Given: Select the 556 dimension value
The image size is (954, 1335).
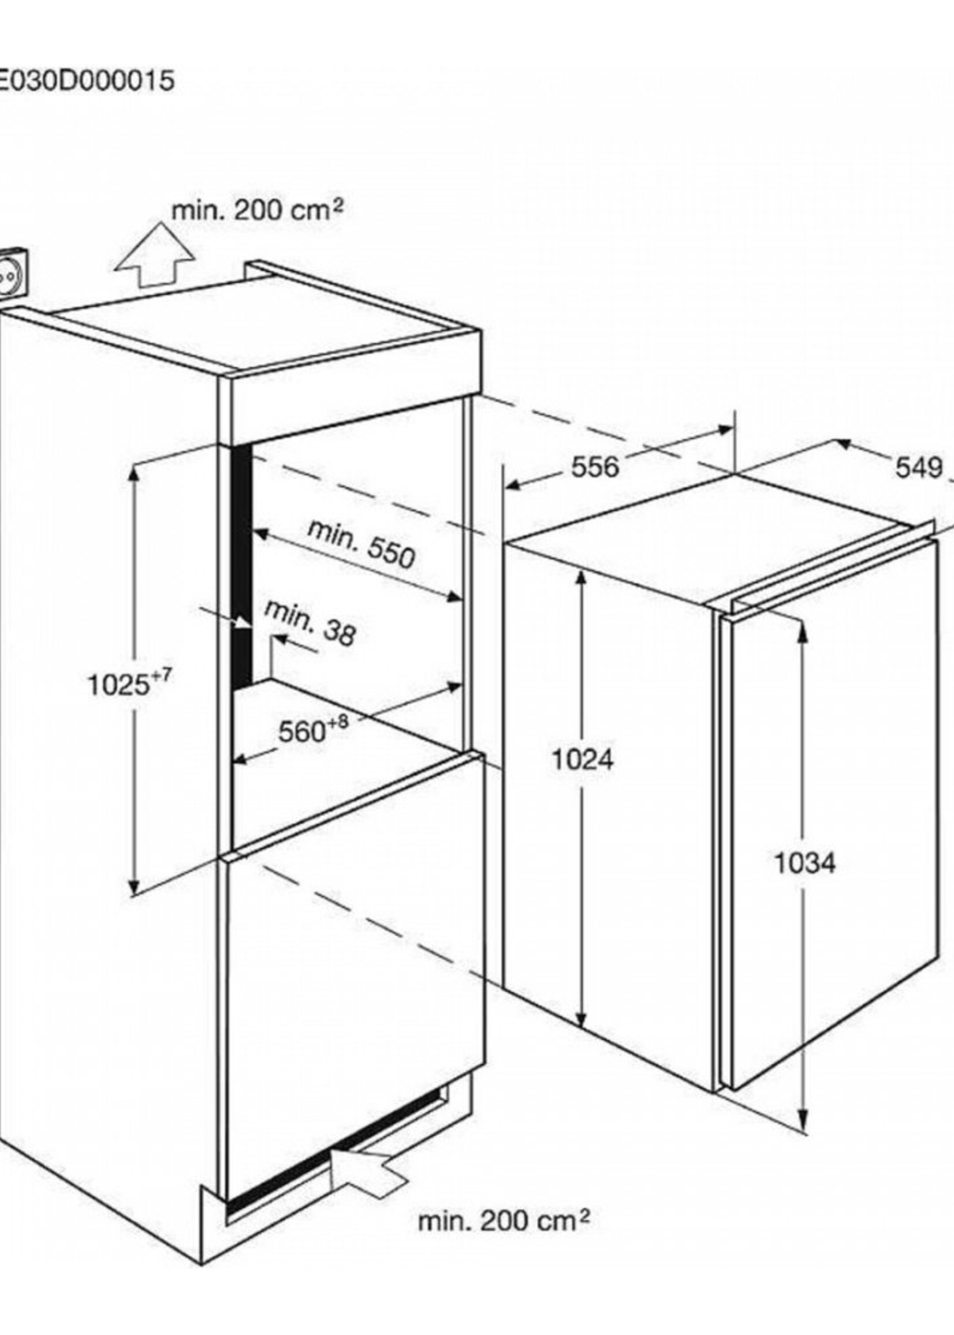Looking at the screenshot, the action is [595, 468].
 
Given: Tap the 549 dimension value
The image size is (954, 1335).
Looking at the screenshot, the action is [919, 468].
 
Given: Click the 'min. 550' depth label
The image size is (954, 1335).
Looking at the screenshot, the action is [362, 545].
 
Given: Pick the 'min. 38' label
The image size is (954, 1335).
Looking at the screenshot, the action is [310, 624].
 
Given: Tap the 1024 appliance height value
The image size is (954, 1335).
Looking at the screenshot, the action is [583, 760].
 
